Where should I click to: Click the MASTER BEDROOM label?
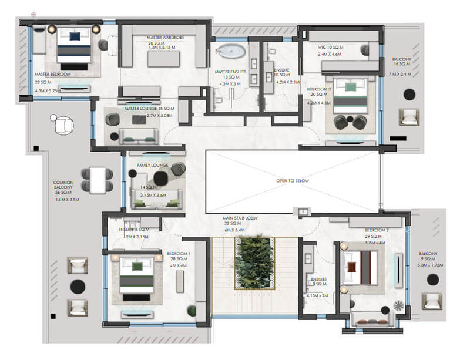[x=53, y=74]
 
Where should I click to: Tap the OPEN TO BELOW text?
[x=293, y=181]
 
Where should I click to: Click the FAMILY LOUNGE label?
[x=152, y=166]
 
